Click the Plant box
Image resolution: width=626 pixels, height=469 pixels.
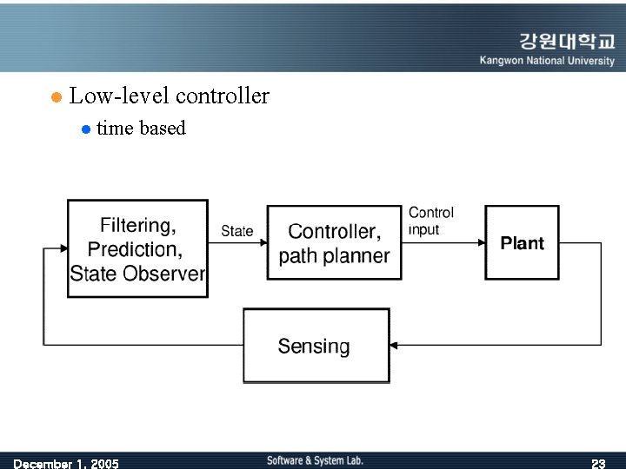(x=522, y=243)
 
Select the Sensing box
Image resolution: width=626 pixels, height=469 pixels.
(x=316, y=346)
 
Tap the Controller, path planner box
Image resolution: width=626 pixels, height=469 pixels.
(x=334, y=243)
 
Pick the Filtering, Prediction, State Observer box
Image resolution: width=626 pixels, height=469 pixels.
(x=137, y=248)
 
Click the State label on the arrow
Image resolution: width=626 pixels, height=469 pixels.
(x=236, y=231)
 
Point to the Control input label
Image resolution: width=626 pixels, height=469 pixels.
(x=431, y=221)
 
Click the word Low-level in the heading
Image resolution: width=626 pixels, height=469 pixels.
(x=112, y=96)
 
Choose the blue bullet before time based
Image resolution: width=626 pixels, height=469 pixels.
(x=85, y=129)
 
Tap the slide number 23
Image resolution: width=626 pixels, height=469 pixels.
(x=598, y=463)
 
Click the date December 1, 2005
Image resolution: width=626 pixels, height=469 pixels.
(x=66, y=463)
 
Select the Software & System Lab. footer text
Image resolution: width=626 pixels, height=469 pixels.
(x=315, y=460)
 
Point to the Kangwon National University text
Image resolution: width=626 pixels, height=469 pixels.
(x=547, y=61)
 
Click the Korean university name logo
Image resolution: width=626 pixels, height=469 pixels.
(x=567, y=42)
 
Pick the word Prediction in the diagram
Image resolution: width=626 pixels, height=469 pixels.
(x=135, y=250)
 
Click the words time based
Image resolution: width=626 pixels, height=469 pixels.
(x=141, y=129)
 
